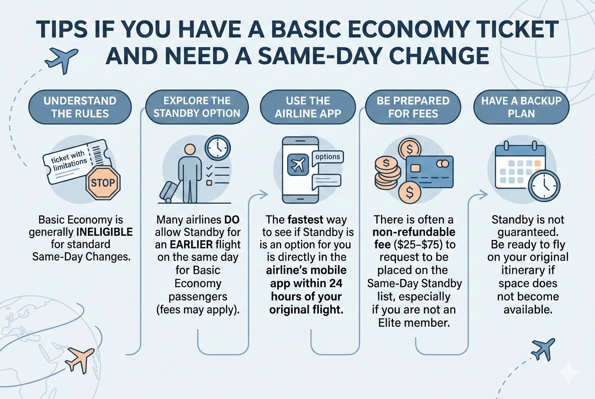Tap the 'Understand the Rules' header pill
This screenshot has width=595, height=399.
79,107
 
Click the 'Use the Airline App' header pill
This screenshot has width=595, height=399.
307,107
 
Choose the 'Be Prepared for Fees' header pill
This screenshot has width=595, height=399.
413,107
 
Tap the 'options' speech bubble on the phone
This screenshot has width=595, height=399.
328,157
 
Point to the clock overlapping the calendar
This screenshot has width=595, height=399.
544,185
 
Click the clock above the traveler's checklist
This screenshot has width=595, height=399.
218,148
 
